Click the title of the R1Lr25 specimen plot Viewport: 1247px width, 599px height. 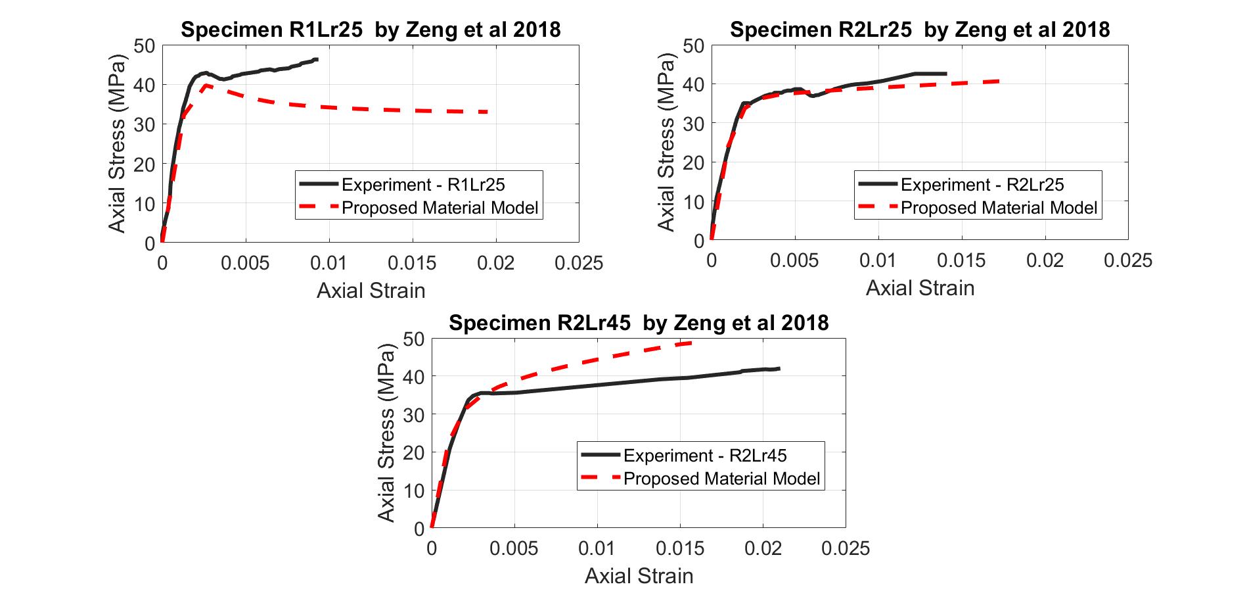pos(371,30)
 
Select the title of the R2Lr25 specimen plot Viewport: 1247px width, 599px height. pos(919,30)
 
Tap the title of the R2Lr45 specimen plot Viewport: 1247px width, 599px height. pos(639,323)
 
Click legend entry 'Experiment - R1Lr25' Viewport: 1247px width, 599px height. pos(423,185)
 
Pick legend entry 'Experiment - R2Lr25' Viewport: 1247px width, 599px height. pos(982,185)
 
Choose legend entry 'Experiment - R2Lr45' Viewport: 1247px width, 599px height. pos(705,456)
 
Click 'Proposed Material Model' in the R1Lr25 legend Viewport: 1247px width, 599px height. pos(440,208)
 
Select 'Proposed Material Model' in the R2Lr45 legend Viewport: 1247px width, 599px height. pos(721,479)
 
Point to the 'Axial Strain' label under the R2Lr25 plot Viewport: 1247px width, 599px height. pos(920,288)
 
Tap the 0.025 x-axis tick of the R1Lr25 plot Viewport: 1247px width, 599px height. pos(578,264)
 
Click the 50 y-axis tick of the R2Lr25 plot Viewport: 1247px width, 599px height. pos(694,45)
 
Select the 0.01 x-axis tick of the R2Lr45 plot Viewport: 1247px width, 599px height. pos(597,548)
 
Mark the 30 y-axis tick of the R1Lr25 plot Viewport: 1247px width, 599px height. pos(145,124)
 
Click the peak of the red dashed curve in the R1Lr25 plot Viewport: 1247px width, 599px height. pos(206,85)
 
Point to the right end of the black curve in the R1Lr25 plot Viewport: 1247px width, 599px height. pos(317,59)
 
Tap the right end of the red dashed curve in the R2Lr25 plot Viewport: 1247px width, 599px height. pos(999,81)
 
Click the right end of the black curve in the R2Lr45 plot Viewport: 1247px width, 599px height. pos(779,368)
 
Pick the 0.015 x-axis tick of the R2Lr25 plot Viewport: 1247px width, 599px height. pos(961,260)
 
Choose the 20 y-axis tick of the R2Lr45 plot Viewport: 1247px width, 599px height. pos(414,452)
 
